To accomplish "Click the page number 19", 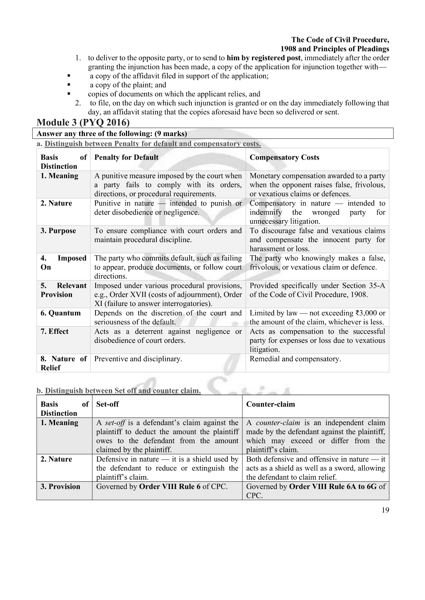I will pos(385,510).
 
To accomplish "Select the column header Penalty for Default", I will pos(126,158).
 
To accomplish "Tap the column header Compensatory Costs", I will pos(284,158).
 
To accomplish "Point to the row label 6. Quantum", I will pos(61,313).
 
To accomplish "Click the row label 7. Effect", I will pos(54,332).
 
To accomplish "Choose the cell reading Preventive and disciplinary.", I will pos(138,359).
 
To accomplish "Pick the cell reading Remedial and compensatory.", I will pos(295,359).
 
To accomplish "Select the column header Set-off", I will pos(108,404).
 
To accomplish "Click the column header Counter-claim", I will pos(271,404).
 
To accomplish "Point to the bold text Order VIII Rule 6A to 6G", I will pos(333,487).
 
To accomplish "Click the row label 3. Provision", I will pos(60,487).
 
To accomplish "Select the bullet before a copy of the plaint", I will pos(69,85).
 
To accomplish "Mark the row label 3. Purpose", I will pos(58,231).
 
